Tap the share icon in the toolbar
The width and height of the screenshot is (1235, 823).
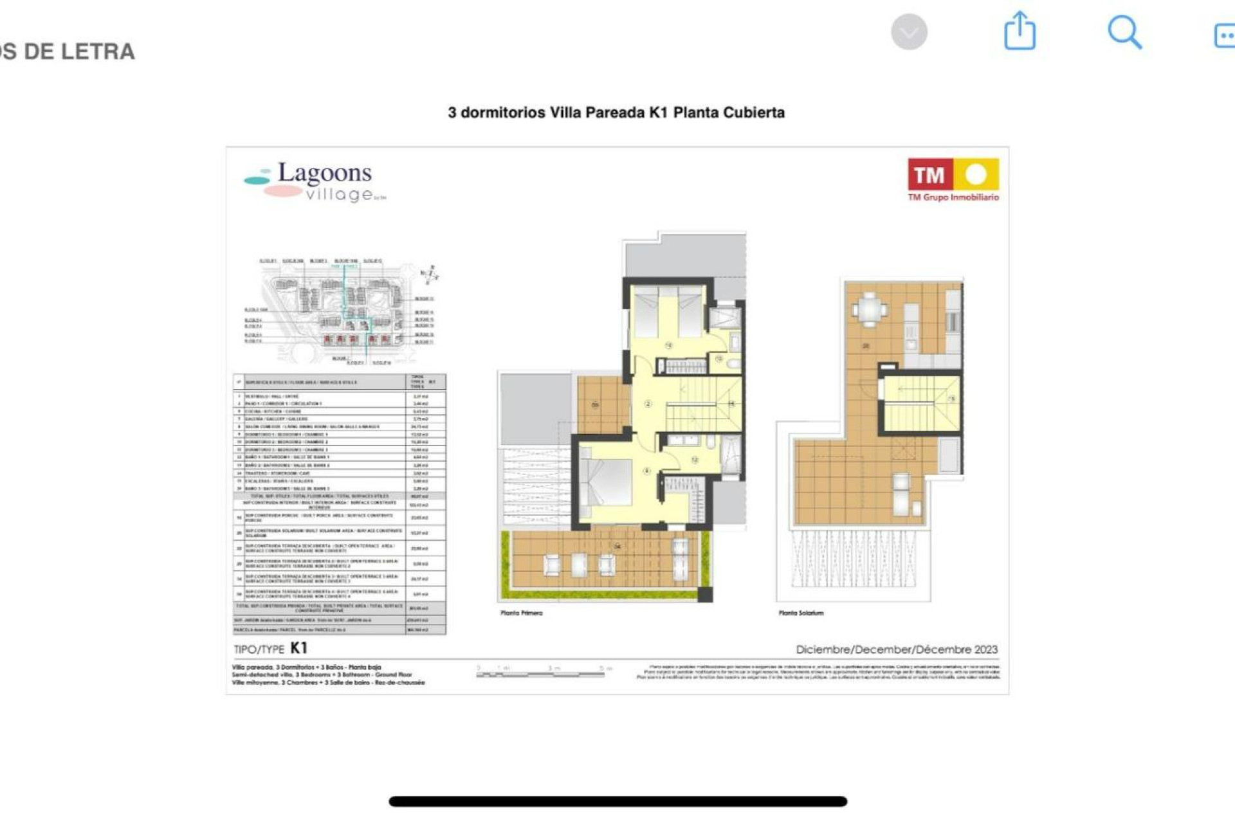click(1020, 31)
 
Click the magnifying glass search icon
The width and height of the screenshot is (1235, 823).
click(1124, 32)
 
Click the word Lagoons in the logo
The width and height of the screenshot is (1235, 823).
click(324, 172)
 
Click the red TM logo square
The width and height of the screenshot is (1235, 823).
click(929, 174)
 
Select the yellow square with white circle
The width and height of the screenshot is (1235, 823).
click(976, 174)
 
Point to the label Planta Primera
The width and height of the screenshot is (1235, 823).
click(521, 613)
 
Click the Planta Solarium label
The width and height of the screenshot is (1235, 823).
click(801, 613)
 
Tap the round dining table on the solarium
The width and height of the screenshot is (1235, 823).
click(870, 309)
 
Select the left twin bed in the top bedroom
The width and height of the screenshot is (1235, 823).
click(646, 312)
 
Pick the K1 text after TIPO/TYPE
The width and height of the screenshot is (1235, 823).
click(299, 647)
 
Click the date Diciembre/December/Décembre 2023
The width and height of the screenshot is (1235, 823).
click(897, 649)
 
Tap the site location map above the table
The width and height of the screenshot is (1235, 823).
click(341, 312)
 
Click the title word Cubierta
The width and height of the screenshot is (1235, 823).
click(754, 113)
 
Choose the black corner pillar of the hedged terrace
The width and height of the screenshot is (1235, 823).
click(705, 594)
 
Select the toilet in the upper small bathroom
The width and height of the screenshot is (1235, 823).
click(734, 363)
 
